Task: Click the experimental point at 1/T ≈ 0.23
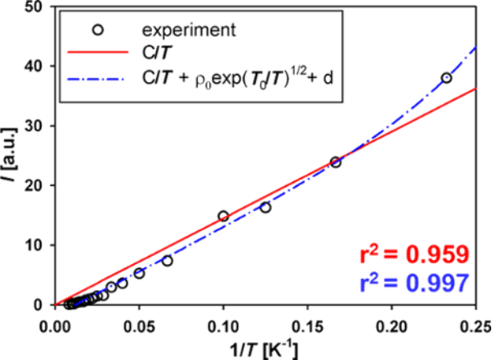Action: [x=446, y=78]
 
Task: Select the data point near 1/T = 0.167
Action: [x=335, y=162]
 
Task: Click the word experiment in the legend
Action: [x=189, y=31]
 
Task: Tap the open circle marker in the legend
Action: [x=98, y=31]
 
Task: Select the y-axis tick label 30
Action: [x=32, y=126]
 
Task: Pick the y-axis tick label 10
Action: [x=32, y=245]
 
